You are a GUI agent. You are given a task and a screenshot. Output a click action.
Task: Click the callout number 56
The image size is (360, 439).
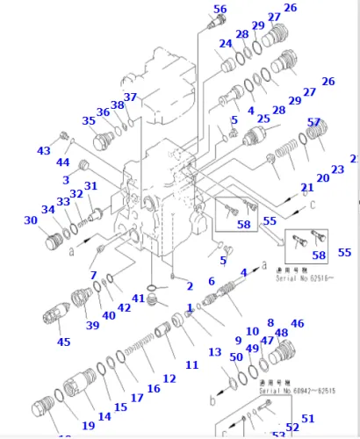tap(220, 10)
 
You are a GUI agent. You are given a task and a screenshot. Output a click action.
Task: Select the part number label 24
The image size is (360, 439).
tap(226, 44)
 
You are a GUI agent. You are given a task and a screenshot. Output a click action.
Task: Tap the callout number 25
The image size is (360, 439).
tap(263, 118)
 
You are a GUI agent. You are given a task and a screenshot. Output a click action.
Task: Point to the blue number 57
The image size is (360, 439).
tap(313, 122)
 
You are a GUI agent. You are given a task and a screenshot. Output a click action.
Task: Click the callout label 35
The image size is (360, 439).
tap(89, 121)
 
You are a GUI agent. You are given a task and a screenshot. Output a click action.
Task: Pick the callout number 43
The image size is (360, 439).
tap(44, 151)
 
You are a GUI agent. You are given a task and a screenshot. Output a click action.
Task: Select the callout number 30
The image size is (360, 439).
tap(31, 220)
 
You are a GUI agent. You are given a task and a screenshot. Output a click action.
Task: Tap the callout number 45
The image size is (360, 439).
tap(63, 342)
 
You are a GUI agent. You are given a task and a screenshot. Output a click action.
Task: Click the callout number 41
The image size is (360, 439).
tap(138, 299)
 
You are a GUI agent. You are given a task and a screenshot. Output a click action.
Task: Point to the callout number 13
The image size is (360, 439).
tap(215, 352)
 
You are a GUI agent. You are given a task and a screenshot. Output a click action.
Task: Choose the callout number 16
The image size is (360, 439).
tap(154, 388)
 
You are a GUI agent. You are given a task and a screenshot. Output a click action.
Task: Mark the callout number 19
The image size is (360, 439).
tap(89, 426)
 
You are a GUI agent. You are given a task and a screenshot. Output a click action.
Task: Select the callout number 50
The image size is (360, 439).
tap(236, 356)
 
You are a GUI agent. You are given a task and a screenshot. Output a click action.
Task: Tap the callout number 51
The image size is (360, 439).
tap(307, 418)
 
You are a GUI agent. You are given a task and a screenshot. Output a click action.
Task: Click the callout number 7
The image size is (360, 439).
tap(93, 276)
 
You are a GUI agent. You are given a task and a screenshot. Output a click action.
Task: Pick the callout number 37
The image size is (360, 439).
tap(130, 97)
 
